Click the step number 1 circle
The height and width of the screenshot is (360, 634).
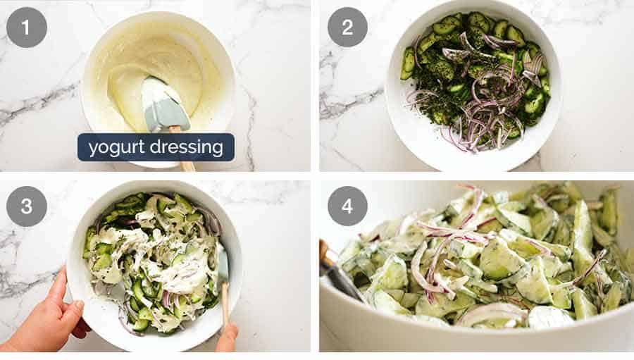tap(27, 27)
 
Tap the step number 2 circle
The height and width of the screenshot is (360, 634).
tap(347, 27)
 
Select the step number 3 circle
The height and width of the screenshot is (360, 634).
tap(27, 206)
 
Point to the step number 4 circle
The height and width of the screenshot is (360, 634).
tap(347, 206)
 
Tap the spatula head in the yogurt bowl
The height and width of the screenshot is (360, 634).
tap(166, 104)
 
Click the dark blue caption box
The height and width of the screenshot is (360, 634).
tap(156, 147)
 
